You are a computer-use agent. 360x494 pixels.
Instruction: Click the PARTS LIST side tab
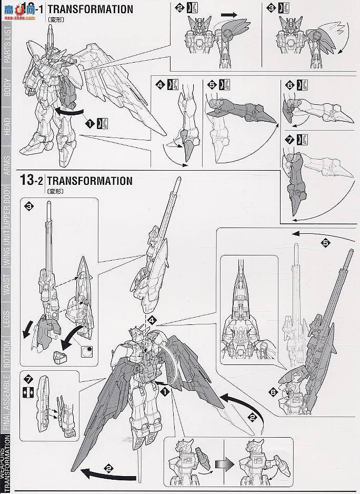click(x=7, y=51)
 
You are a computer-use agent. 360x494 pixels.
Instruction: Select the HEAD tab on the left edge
click(x=7, y=125)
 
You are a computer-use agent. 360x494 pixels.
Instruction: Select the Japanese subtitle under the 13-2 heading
click(x=55, y=191)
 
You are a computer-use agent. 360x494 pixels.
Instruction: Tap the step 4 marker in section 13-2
click(x=152, y=320)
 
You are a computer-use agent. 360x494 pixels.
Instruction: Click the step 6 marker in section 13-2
click(x=272, y=391)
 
